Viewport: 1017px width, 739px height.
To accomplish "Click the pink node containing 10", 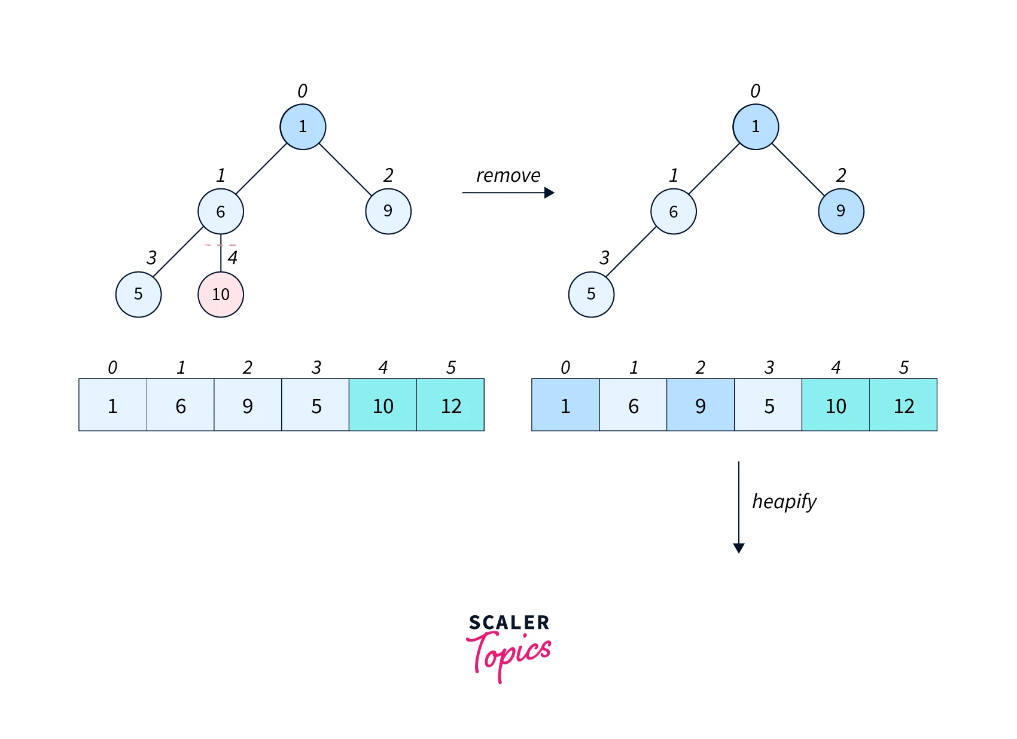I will pyautogui.click(x=221, y=294).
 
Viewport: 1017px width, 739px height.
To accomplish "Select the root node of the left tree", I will pyautogui.click(x=303, y=127).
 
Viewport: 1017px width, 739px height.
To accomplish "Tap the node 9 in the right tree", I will pyautogui.click(x=841, y=211).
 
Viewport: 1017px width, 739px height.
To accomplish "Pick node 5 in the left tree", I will pyautogui.click(x=138, y=294).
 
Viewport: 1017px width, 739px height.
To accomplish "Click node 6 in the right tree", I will pyautogui.click(x=674, y=211).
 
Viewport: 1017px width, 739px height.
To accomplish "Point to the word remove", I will pyautogui.click(x=508, y=175).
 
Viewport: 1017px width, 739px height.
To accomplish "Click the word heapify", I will pyautogui.click(x=784, y=501).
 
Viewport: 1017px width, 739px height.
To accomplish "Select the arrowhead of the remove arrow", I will pyautogui.click(x=549, y=193).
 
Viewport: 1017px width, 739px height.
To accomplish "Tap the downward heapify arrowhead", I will pyautogui.click(x=739, y=548).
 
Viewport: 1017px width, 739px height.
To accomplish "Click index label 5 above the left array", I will pyautogui.click(x=451, y=367).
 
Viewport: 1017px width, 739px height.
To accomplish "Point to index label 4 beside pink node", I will pyautogui.click(x=233, y=258).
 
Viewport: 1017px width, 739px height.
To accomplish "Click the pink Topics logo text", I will pyautogui.click(x=508, y=655).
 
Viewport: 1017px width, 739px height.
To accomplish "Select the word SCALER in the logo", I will pyautogui.click(x=508, y=622).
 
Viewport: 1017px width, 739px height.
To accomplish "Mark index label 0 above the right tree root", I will pyautogui.click(x=755, y=91).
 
